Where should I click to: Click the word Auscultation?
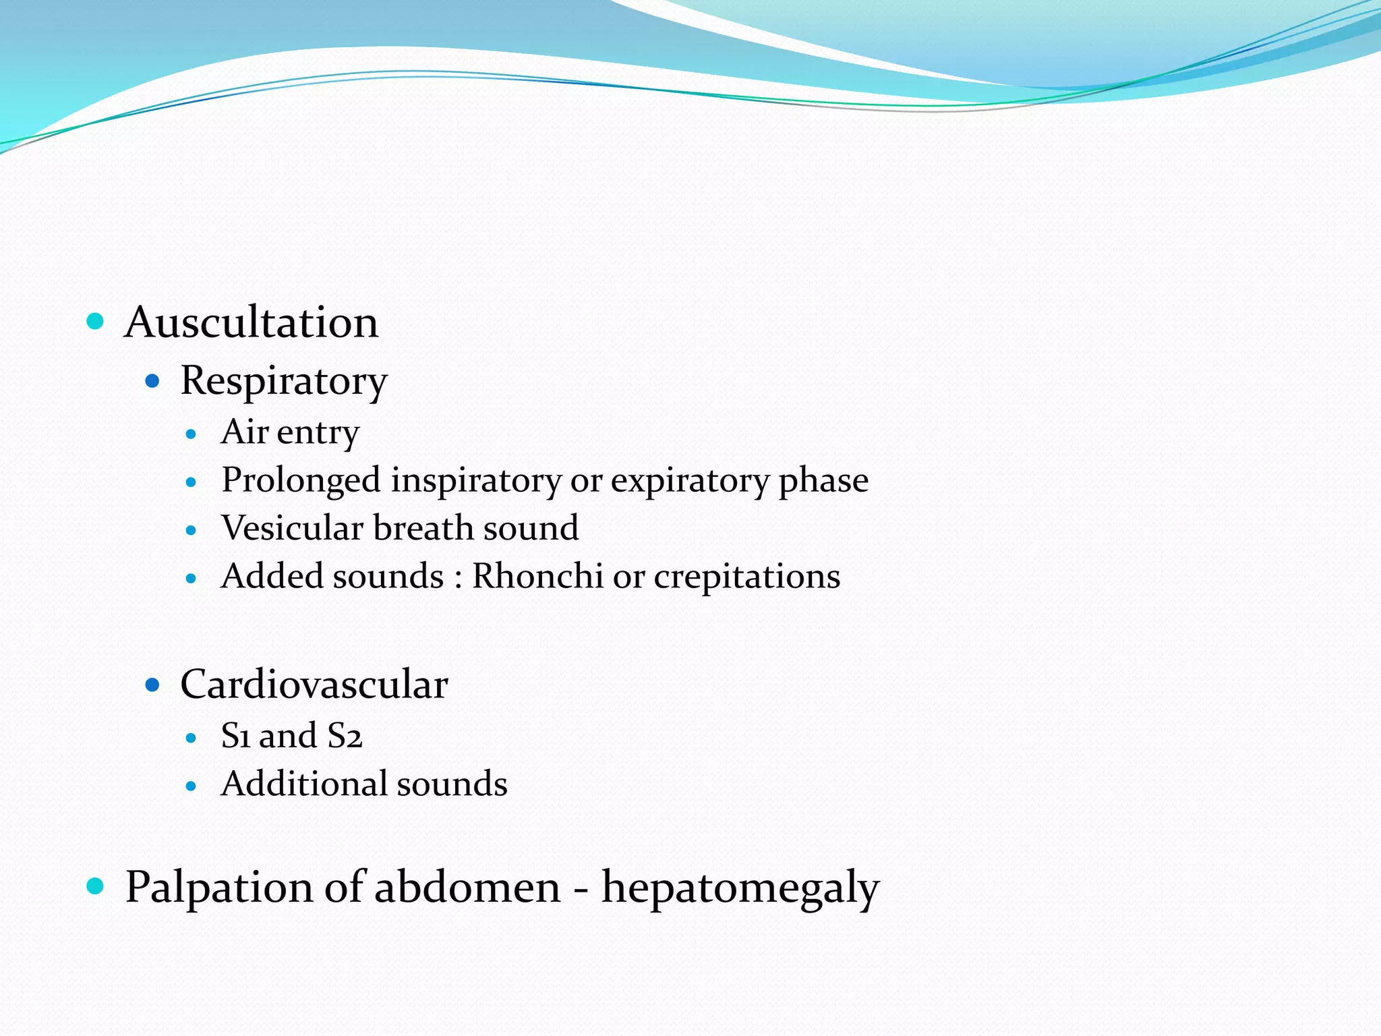(252, 322)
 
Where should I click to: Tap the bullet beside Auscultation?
(96, 321)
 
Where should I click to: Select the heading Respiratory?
(284, 381)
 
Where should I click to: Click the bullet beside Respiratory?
(152, 382)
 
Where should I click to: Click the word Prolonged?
(301, 481)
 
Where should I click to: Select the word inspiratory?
(476, 481)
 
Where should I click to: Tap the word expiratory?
(690, 481)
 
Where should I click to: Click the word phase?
(823, 481)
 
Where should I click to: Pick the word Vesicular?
(292, 528)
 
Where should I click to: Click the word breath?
(422, 528)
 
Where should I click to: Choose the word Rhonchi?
(537, 577)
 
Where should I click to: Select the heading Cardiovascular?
(314, 685)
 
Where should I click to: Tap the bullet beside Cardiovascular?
(152, 685)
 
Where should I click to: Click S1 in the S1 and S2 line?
(235, 736)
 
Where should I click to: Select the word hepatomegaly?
(740, 889)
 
